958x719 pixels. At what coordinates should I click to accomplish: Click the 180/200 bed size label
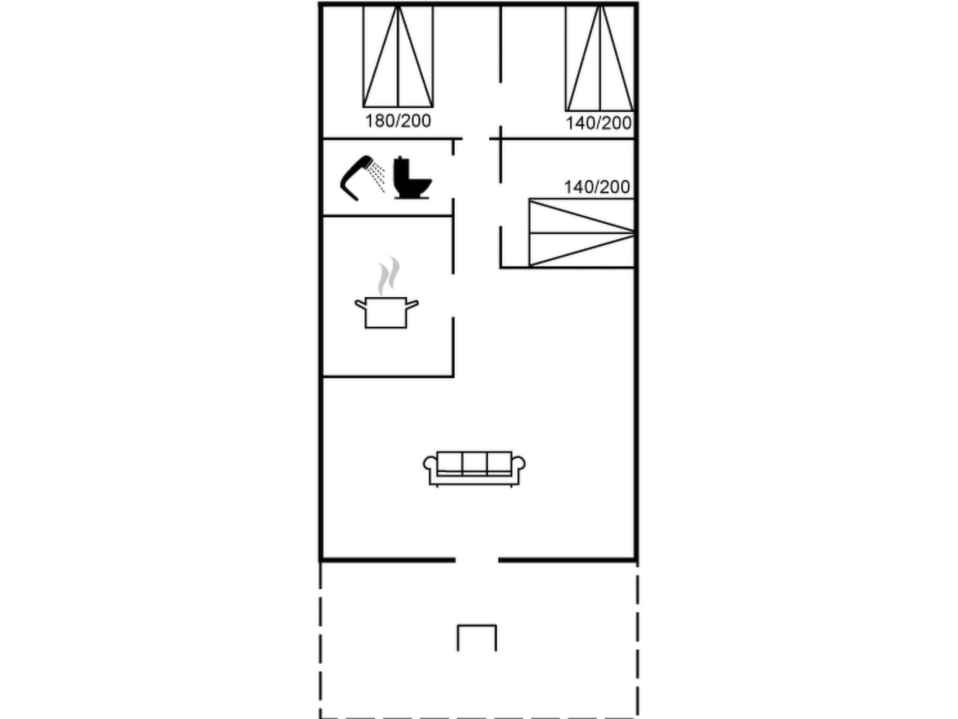[x=398, y=121]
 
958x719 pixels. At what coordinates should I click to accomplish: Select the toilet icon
[x=412, y=178]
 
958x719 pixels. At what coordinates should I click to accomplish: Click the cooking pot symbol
[x=386, y=312]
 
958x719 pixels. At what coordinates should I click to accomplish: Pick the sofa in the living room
[x=474, y=469]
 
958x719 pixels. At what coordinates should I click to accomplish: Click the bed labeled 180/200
[x=398, y=56]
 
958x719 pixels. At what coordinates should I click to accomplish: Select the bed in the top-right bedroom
[x=600, y=58]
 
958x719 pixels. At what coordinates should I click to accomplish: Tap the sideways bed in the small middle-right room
[x=582, y=233]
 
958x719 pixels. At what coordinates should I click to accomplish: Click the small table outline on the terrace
[x=477, y=626]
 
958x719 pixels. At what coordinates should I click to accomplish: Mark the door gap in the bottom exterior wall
[x=477, y=560]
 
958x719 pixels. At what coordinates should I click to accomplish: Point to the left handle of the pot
[x=360, y=304]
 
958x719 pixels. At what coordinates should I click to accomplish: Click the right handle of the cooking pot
[x=412, y=304]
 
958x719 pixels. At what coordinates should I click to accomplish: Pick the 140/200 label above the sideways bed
[x=597, y=187]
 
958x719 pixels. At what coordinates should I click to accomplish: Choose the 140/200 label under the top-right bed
[x=599, y=123]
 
